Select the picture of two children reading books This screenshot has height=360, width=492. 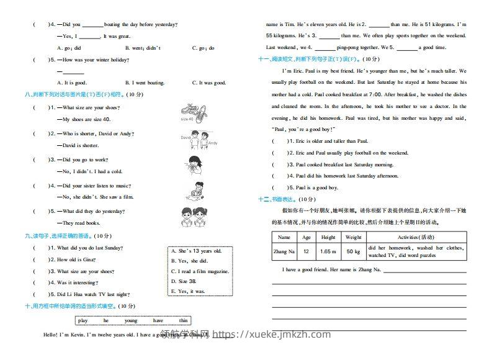coord(194,216)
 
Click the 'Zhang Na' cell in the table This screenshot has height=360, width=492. coord(284,251)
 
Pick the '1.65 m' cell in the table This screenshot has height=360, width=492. coord(328,251)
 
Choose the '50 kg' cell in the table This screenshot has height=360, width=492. coord(353,251)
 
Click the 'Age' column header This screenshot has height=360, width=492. coord(306,237)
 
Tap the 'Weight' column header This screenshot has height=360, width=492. coord(353,237)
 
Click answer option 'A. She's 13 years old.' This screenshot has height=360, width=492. coord(196,251)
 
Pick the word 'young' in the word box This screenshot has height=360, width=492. coord(131,320)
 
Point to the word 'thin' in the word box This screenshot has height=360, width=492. coord(183,320)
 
